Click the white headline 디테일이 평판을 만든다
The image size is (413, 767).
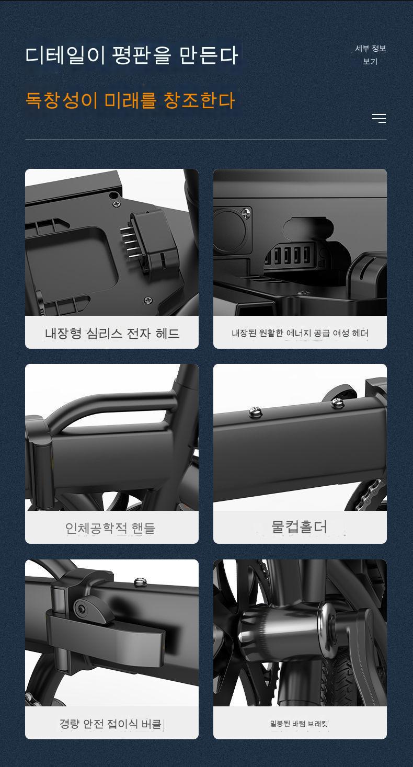click(132, 55)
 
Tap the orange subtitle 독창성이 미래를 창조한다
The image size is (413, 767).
click(130, 100)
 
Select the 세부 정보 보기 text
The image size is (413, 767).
click(371, 55)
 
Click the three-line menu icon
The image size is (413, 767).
click(379, 118)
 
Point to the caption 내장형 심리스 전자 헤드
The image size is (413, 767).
click(112, 333)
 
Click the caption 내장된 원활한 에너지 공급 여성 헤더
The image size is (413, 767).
click(300, 333)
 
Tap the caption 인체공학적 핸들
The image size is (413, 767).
click(110, 528)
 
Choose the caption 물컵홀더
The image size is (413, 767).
click(299, 526)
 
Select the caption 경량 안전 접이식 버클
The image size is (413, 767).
click(110, 723)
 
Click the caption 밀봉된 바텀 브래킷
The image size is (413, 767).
click(299, 723)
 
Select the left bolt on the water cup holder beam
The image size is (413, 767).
click(255, 412)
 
